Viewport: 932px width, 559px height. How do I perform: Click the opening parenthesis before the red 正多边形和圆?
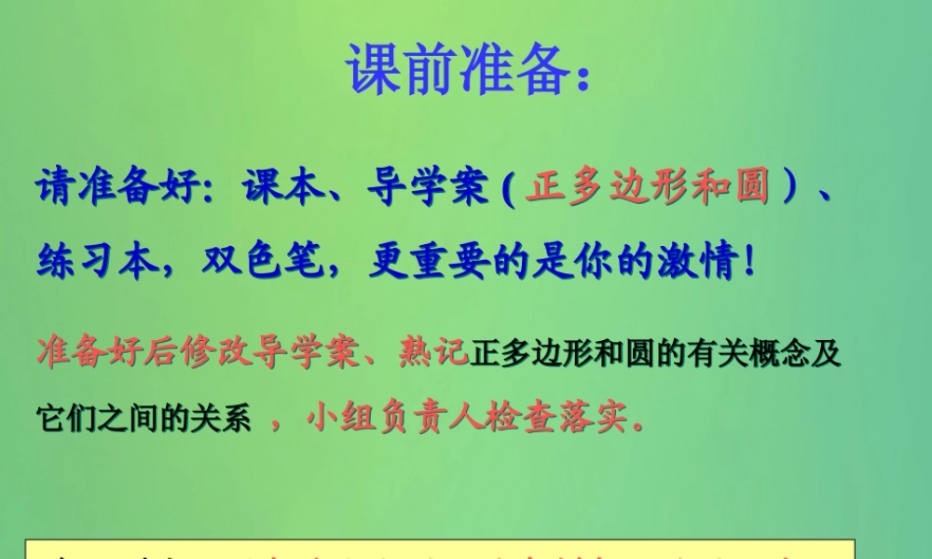(508, 189)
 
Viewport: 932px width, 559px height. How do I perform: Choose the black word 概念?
(772, 354)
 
